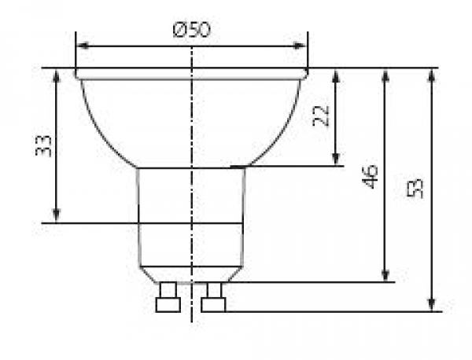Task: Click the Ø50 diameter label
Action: point(191,29)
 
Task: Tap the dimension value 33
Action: point(45,145)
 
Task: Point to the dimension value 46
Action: point(371,176)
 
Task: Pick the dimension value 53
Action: point(416,188)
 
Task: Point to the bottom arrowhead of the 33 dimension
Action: point(57,216)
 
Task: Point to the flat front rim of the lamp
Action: point(191,73)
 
